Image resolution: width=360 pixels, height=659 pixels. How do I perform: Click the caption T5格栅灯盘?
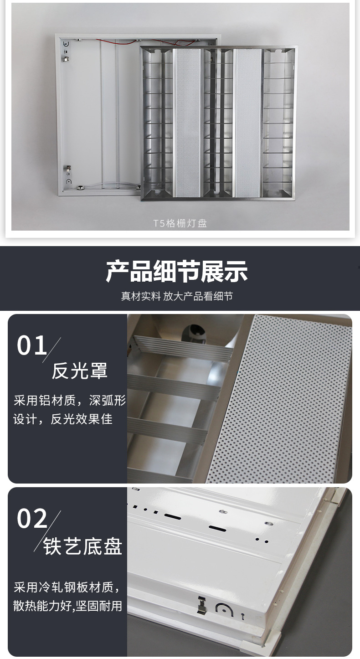[x=180, y=223]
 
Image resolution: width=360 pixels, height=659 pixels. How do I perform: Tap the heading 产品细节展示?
[x=177, y=272]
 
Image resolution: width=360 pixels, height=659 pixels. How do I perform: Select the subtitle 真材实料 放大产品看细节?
[x=177, y=296]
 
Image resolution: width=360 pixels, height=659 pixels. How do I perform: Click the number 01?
[x=32, y=345]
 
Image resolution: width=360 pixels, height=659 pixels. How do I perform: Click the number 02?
[x=32, y=519]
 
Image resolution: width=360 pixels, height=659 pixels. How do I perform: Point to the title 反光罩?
[x=79, y=371]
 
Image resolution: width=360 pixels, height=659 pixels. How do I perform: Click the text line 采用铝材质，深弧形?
[x=69, y=401]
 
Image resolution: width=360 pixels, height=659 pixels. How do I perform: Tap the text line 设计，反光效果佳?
[x=63, y=419]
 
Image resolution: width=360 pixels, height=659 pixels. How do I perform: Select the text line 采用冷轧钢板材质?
[x=67, y=587]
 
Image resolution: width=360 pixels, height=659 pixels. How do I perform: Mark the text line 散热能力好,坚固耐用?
[x=67, y=606]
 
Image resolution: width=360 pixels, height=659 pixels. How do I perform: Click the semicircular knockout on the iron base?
[x=224, y=610]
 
